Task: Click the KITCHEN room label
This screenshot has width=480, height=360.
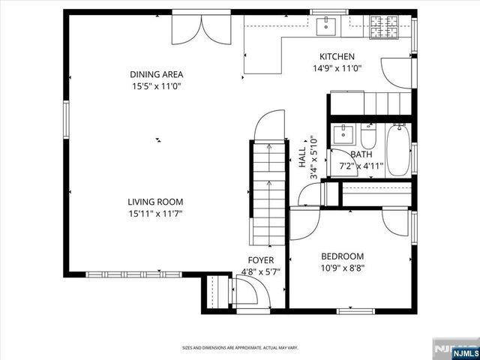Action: click(x=337, y=57)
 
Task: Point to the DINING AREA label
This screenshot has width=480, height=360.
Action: click(x=156, y=74)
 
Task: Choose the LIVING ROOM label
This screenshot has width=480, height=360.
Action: click(x=155, y=202)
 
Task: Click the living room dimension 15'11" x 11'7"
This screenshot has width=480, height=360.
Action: click(x=155, y=213)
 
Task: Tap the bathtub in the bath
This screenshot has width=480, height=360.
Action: click(x=397, y=149)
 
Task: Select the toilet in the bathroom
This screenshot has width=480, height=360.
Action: click(x=368, y=136)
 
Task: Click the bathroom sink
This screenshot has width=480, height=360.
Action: click(x=343, y=136)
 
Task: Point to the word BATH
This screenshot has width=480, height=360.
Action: click(x=361, y=154)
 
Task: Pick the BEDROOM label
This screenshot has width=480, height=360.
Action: click(x=343, y=256)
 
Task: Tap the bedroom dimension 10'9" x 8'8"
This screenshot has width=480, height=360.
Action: click(x=343, y=267)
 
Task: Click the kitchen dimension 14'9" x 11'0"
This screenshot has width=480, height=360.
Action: click(x=337, y=68)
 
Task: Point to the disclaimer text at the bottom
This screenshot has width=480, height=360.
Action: click(x=240, y=348)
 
